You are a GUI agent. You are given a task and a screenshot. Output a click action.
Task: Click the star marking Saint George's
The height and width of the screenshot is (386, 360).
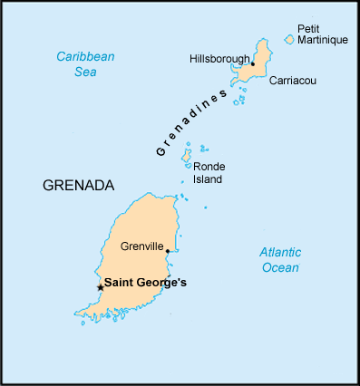pos(100,287)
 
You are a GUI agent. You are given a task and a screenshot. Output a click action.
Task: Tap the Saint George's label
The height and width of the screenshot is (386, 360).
pos(145,283)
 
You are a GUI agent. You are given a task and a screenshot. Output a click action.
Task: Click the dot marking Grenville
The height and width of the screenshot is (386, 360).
pos(168,252)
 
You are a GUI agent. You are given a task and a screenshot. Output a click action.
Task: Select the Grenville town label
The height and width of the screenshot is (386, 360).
pos(141,246)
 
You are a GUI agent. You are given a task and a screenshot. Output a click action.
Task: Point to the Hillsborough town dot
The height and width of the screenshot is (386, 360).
pos(252,64)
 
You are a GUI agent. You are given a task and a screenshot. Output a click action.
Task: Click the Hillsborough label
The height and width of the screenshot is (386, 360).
pos(219,59)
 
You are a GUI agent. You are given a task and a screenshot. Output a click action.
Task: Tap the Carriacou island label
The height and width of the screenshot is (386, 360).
pos(292,81)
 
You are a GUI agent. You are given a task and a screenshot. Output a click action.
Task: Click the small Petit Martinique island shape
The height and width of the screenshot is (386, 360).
pos(289,39)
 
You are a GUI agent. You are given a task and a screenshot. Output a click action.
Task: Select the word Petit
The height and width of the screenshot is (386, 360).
pos(310,28)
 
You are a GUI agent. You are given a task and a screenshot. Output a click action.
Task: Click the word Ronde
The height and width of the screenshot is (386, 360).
pos(209,167)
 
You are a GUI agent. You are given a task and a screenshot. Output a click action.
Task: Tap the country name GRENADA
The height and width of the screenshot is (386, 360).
pos(78,186)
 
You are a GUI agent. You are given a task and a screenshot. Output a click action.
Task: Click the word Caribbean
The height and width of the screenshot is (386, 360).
pos(85,56)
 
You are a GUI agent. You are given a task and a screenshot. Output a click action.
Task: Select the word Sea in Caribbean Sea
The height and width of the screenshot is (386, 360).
pos(85,72)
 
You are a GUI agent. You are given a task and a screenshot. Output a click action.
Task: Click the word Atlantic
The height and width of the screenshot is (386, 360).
pos(279,252)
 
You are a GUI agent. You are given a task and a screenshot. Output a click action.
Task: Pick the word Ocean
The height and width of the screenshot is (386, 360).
pos(279,267)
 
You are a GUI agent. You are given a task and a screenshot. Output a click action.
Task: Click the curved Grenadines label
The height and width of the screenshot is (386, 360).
pos(190,122)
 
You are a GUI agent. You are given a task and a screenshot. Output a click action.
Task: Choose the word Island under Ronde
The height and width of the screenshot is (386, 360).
pos(208,179)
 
